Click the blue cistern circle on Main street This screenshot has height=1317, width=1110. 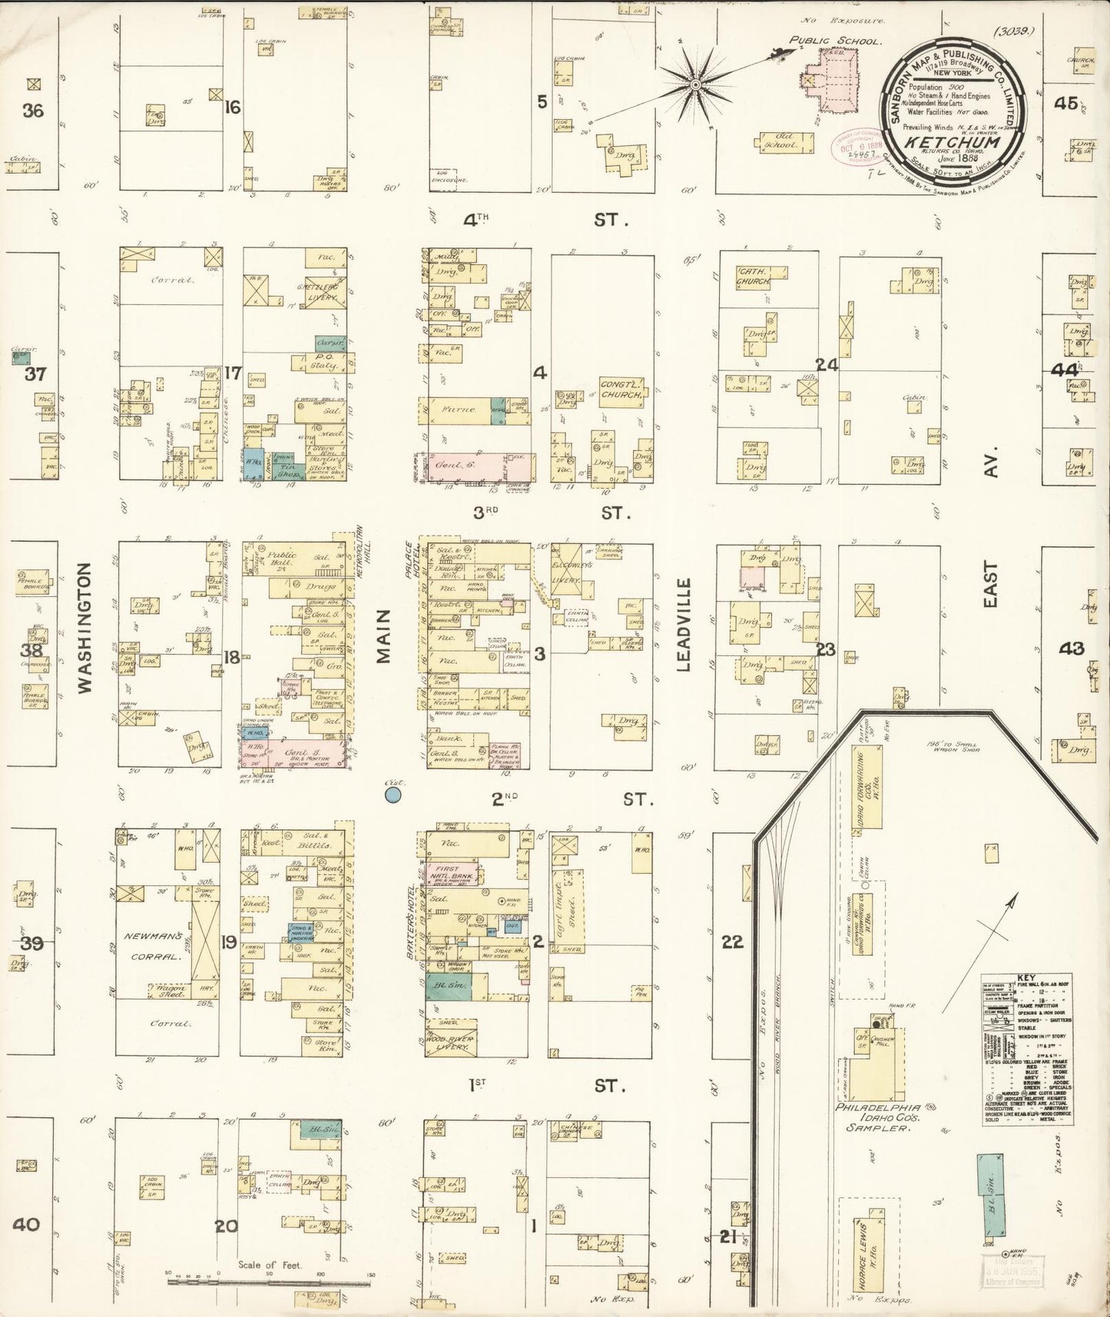393,794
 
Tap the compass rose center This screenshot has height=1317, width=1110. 694,83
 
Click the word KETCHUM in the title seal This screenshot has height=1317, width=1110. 952,142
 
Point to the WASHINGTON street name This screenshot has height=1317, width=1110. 84,628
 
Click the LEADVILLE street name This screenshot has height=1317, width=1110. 684,625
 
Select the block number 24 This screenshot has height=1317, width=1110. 827,365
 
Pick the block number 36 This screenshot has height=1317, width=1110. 32,111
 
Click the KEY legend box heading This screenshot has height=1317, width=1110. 1026,979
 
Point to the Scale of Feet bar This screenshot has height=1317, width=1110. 269,1276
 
